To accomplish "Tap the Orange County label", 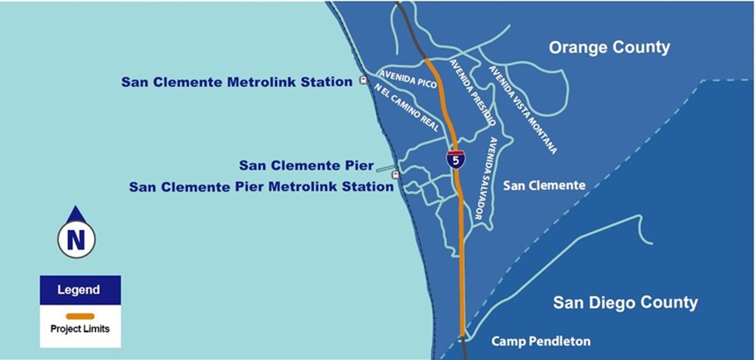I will tap(609, 48).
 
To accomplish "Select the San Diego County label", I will tap(625, 303).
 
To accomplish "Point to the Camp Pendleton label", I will tap(541, 341).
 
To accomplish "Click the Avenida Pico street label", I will tap(409, 80).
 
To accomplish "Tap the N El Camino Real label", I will tap(407, 109).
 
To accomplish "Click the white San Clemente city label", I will tap(545, 185).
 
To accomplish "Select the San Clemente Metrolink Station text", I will tap(237, 82).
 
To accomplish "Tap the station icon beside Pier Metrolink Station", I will tap(395, 175).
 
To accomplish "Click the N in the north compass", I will tap(76, 240).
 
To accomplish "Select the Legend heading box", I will tap(80, 290).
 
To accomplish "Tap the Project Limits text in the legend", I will tap(80, 329).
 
